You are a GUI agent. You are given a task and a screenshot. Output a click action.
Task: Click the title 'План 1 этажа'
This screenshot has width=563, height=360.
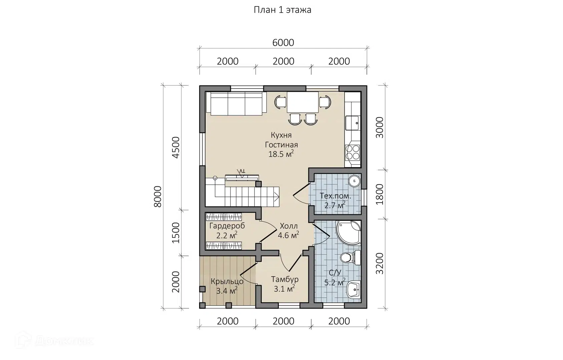[x=283, y=10]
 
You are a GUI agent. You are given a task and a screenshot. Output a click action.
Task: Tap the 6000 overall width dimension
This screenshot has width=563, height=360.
[x=283, y=43]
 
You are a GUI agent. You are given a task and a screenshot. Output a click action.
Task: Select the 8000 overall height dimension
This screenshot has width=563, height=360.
[x=157, y=196]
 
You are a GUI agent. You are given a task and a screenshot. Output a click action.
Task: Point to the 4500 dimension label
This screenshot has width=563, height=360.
[x=176, y=147]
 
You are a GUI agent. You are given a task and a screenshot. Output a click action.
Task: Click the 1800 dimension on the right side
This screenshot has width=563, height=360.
[x=380, y=194]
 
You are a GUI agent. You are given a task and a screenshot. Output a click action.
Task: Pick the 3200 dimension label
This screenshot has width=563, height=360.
[x=380, y=264]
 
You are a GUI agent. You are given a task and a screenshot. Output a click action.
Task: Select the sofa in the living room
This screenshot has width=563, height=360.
[x=236, y=104]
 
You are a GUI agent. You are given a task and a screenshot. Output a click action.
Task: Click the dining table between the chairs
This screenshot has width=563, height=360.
[x=303, y=102]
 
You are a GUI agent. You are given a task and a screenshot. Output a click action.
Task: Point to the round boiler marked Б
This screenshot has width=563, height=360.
[x=355, y=181]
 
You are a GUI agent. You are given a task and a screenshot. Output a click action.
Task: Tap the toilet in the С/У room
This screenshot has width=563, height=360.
[x=351, y=258]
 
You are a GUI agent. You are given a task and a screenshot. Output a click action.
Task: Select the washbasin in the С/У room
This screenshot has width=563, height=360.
[x=354, y=290]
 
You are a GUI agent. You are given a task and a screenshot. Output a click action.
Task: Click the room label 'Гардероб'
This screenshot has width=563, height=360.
[x=227, y=226]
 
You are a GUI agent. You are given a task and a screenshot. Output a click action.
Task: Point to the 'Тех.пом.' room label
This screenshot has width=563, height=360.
[x=335, y=196]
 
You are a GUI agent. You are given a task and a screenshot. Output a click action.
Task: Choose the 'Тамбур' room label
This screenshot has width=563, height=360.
[x=285, y=279]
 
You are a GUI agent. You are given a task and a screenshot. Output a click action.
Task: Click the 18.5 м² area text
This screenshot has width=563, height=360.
[x=281, y=154]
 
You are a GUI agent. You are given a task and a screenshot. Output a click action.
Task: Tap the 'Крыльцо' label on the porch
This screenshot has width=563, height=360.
[x=227, y=281]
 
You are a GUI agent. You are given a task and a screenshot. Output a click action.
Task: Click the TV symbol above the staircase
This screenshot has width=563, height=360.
[x=242, y=177]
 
